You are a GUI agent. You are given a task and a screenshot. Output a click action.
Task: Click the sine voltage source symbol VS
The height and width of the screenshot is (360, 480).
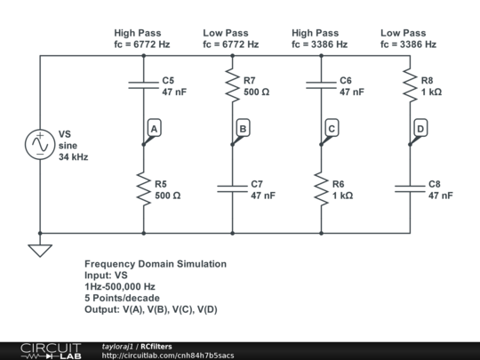[40, 144]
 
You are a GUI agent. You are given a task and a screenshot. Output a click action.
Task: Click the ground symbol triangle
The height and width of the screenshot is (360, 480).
[40, 251]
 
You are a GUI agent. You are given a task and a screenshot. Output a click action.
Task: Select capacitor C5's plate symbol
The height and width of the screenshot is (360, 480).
[144, 85]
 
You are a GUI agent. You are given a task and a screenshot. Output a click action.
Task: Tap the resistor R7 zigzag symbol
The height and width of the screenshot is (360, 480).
[232, 85]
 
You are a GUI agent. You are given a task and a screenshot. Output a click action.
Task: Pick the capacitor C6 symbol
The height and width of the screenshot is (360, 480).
[321, 85]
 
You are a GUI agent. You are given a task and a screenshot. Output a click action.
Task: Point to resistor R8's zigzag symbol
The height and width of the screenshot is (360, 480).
[410, 85]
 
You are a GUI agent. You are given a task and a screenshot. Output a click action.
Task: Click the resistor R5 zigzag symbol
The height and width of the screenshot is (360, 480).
[144, 188]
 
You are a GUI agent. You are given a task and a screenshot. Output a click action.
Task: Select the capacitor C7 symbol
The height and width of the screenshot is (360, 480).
[232, 188]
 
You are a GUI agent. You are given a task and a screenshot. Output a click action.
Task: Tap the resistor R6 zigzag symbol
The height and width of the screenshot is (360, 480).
[321, 188]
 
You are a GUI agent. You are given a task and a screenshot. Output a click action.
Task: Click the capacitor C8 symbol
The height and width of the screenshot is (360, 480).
[410, 188]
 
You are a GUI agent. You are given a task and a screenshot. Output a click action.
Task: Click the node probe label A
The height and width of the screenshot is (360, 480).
[155, 128]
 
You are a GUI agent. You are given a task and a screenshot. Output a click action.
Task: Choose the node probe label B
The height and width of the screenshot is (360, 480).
[243, 128]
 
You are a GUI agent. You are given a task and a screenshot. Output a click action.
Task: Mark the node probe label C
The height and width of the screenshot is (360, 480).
[332, 128]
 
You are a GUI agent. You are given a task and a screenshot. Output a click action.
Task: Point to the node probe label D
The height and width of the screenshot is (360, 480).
[420, 128]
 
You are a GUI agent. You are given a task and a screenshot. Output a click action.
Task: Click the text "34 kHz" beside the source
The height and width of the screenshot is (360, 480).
[74, 157]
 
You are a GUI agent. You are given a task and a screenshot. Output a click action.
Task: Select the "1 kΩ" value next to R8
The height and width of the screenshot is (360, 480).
[431, 92]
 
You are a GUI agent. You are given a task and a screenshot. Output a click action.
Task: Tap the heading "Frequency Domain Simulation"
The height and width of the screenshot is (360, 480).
[156, 264]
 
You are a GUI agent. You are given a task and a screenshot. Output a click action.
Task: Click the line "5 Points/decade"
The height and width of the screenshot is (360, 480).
[122, 298]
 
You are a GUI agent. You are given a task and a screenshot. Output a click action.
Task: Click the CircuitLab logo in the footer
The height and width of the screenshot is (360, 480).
[51, 351]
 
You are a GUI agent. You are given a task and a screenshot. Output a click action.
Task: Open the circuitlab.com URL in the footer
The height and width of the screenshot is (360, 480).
[168, 356]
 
